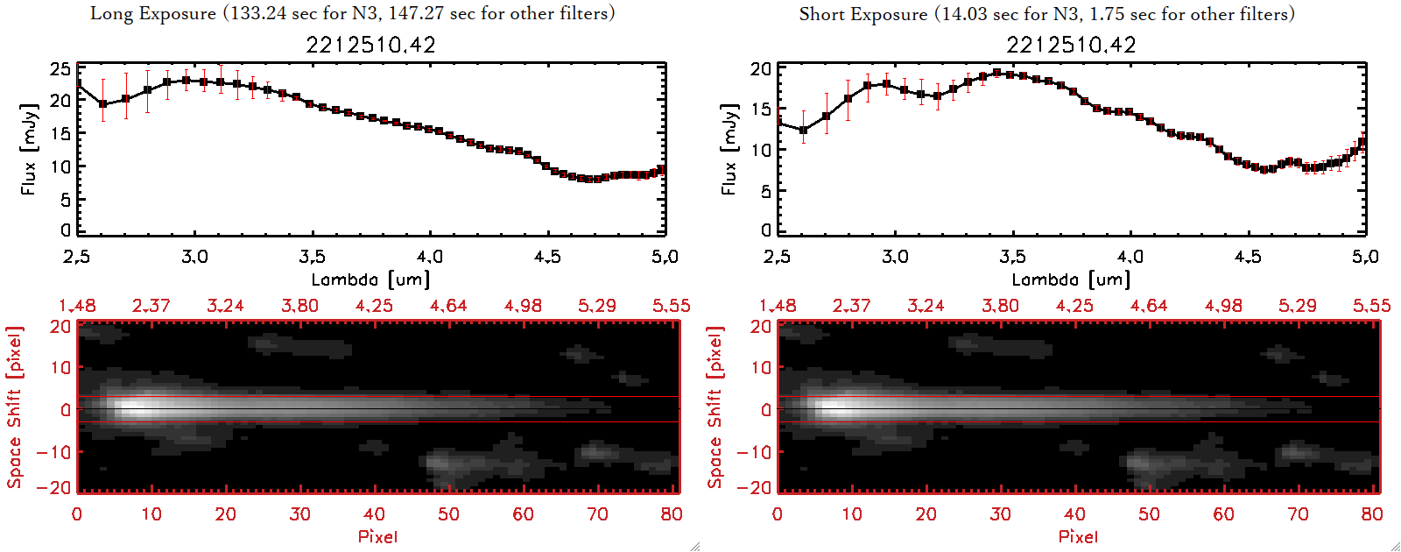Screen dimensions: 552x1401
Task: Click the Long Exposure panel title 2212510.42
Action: click(x=370, y=45)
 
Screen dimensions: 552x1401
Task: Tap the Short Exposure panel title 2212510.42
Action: click(x=1071, y=45)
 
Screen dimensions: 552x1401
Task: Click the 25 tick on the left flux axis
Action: click(x=60, y=69)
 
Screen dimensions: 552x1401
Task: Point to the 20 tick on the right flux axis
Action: click(x=760, y=69)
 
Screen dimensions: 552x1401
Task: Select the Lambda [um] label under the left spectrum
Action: click(x=370, y=280)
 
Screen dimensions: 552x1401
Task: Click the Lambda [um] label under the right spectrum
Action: click(x=1071, y=280)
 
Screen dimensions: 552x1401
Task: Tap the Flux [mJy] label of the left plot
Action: click(x=29, y=149)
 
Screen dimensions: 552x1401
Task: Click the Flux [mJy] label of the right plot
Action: click(x=729, y=149)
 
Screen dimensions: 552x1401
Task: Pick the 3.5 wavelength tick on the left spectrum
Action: click(x=313, y=257)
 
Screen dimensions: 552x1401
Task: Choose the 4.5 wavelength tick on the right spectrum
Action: click(x=1248, y=257)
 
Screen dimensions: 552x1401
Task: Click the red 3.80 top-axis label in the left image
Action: click(x=299, y=306)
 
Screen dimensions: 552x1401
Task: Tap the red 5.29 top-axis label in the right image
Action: click(x=1297, y=306)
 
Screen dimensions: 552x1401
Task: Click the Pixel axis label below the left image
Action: click(x=377, y=536)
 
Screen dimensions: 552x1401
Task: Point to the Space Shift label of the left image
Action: click(x=14, y=407)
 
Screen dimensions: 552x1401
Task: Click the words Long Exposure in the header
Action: click(x=153, y=13)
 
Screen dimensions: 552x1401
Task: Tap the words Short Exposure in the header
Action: click(x=862, y=14)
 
